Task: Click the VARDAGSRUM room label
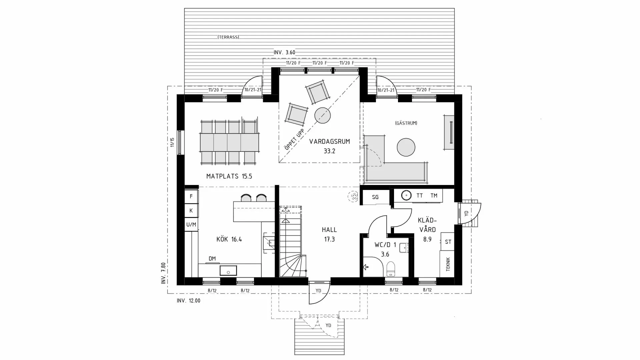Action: pos(329,142)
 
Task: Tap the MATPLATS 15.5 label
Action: pos(229,176)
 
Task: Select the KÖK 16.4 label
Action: pos(229,239)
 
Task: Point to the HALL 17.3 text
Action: pos(329,234)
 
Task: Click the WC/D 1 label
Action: pos(385,245)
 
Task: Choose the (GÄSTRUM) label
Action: pos(406,123)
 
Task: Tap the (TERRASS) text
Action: pos(228,37)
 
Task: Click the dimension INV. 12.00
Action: pos(189,301)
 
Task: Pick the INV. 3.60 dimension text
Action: pos(284,52)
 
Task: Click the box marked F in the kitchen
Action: pos(191,196)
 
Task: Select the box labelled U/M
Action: pos(191,225)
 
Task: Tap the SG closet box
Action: pos(375,197)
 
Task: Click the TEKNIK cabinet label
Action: pos(448,264)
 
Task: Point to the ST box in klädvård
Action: pos(448,242)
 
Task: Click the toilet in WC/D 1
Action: pos(391,268)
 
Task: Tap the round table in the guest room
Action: pos(406,147)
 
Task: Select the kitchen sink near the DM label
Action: pos(228,270)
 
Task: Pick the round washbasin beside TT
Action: pos(406,196)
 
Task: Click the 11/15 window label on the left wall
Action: pos(172,142)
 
